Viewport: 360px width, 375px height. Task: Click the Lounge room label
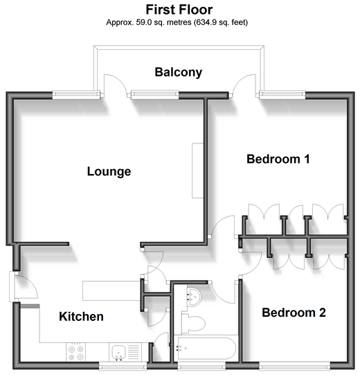109,171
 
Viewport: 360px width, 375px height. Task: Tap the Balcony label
179,72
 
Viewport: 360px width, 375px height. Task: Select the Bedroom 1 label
278,159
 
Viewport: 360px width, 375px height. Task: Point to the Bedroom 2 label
294,313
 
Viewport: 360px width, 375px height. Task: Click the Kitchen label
81,316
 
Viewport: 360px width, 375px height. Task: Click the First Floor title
179,10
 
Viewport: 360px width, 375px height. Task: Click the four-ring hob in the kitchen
75,352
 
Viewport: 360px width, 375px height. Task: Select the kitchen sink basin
118,353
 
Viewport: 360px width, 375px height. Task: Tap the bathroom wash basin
195,297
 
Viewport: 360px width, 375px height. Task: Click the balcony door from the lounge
115,85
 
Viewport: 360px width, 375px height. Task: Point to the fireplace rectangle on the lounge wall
198,171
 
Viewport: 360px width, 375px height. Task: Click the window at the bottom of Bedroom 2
294,365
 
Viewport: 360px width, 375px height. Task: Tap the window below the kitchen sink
123,365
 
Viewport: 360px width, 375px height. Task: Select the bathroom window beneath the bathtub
201,365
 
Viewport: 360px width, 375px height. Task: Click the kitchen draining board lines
134,353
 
